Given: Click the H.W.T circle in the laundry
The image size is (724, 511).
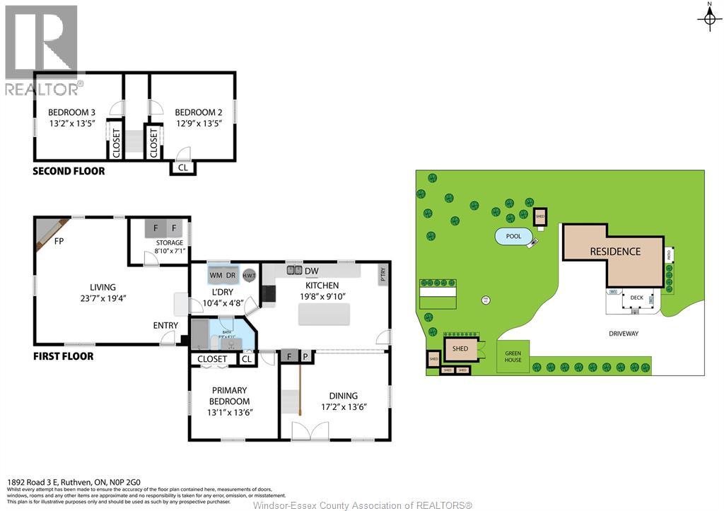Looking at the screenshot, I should click(249, 275).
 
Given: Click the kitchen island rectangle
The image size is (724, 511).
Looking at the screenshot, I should click(325, 315).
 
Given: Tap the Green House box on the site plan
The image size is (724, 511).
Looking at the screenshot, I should click(513, 356).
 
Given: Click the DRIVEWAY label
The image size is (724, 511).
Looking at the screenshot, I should click(622, 334).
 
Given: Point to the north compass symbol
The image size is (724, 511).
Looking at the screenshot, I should click(708, 19).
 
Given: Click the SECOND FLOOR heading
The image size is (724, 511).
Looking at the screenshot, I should click(69, 171).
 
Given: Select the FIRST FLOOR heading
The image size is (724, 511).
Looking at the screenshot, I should click(64, 356).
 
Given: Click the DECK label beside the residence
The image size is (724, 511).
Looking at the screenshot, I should click(636, 298).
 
